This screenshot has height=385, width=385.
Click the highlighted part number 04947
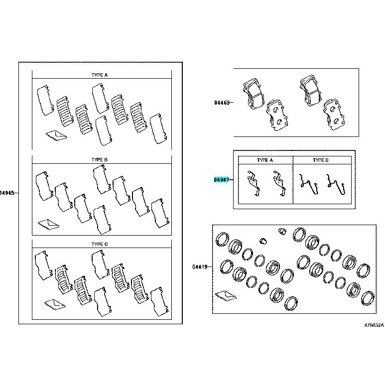coord(222,180)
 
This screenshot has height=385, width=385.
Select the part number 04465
coord(222,103)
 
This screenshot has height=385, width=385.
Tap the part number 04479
coord(200,266)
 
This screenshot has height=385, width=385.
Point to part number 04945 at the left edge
coord(7,193)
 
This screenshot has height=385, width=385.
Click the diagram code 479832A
coord(374,325)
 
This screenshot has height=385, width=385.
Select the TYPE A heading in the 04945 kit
coord(100,75)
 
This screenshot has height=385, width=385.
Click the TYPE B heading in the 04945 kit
coord(100,159)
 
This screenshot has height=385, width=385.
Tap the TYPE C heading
coord(100,245)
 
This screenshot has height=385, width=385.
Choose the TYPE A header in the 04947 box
coord(264,160)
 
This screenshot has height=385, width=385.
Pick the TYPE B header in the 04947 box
coord(320,160)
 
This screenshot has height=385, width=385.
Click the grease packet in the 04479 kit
coord(226,296)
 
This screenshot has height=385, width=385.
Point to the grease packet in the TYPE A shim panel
coord(56,135)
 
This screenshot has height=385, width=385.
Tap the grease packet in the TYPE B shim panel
coord(49,224)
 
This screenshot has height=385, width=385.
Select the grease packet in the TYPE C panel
coord(55,304)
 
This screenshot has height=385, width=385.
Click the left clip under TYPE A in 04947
coord(254,183)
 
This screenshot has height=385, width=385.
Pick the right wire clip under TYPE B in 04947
coord(336,184)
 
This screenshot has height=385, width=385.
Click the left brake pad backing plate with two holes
coord(277,115)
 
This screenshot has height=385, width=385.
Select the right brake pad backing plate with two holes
coord(334,114)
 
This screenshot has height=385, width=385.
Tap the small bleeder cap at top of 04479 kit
coord(282,231)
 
